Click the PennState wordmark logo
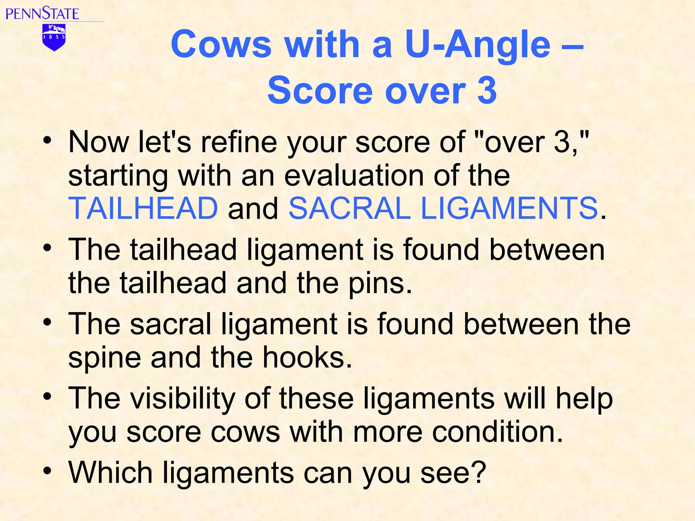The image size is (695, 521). click(x=42, y=13)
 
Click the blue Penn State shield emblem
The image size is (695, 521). click(x=54, y=37)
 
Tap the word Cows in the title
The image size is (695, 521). click(x=221, y=44)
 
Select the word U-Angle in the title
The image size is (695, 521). click(x=477, y=44)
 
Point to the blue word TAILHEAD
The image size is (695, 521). click(x=143, y=208)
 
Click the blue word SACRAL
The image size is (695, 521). click(x=350, y=208)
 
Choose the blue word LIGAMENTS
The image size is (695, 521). click(x=509, y=208)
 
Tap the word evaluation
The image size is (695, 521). click(x=353, y=175)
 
